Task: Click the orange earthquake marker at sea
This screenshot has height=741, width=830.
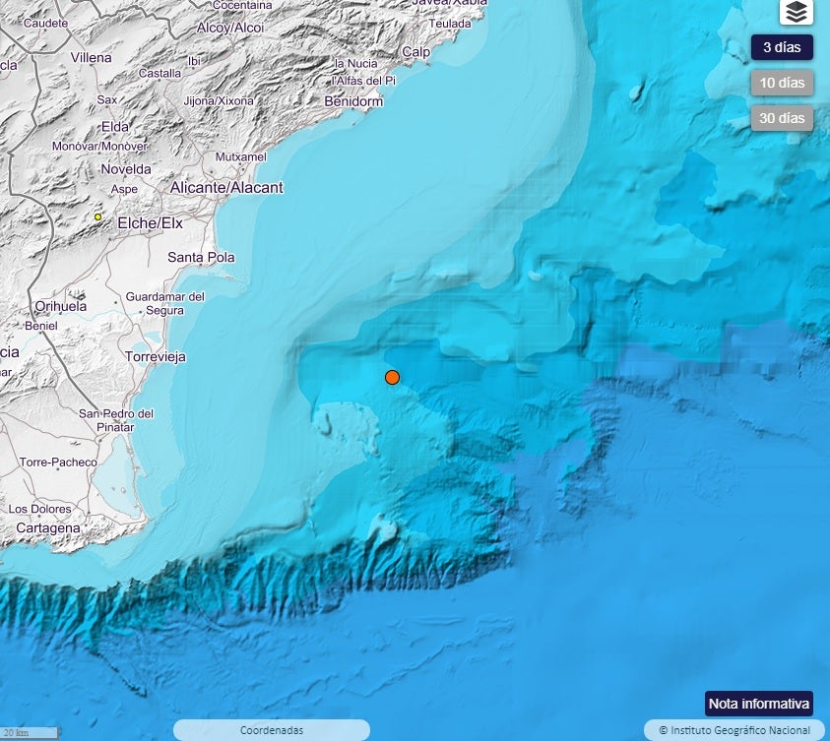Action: [392, 377]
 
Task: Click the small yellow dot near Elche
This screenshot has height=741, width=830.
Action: [98, 216]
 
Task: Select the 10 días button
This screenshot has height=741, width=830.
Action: [782, 83]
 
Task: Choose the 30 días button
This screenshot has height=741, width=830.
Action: [782, 118]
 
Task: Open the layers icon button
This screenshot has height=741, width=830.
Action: [797, 12]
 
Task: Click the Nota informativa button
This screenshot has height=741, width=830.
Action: [758, 704]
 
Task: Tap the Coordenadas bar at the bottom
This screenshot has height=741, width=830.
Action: [272, 730]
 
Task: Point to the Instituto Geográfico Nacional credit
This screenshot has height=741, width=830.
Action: [734, 730]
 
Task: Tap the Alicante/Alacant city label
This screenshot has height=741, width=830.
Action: [226, 187]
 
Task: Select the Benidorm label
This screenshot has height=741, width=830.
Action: [353, 101]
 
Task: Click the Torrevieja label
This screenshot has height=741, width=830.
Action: [156, 356]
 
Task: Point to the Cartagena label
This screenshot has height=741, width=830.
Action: [48, 528]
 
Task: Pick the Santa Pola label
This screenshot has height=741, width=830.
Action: [201, 258]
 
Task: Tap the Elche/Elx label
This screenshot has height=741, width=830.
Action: [151, 223]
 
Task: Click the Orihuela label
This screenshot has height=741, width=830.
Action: [61, 306]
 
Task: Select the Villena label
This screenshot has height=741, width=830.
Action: [92, 57]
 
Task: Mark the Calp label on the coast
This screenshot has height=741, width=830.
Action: [415, 51]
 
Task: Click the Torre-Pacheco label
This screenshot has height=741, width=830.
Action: [58, 462]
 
